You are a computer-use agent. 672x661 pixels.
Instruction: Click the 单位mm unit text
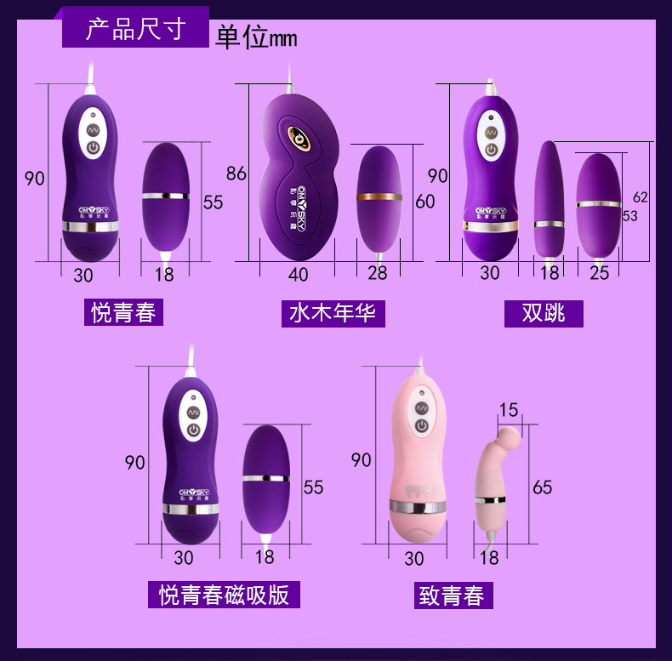point(255,38)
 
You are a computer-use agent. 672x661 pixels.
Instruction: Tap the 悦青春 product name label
point(124,312)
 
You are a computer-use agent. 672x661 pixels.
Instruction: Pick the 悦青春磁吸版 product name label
point(224,594)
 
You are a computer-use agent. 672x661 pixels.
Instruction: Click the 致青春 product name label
point(451,595)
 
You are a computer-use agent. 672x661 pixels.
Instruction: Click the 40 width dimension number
point(298,275)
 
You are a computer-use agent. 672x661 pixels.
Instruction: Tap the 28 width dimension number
point(377,273)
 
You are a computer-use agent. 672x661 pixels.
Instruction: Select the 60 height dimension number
point(424,202)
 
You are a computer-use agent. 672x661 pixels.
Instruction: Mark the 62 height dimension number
point(640,197)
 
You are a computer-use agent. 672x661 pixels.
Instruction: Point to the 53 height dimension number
point(629,216)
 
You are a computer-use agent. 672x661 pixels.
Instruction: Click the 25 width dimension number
point(600,273)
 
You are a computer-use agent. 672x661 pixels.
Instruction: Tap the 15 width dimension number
point(508,410)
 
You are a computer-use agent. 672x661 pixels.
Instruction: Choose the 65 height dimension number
point(542,487)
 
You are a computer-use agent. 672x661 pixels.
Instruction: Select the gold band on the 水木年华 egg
point(379,197)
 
